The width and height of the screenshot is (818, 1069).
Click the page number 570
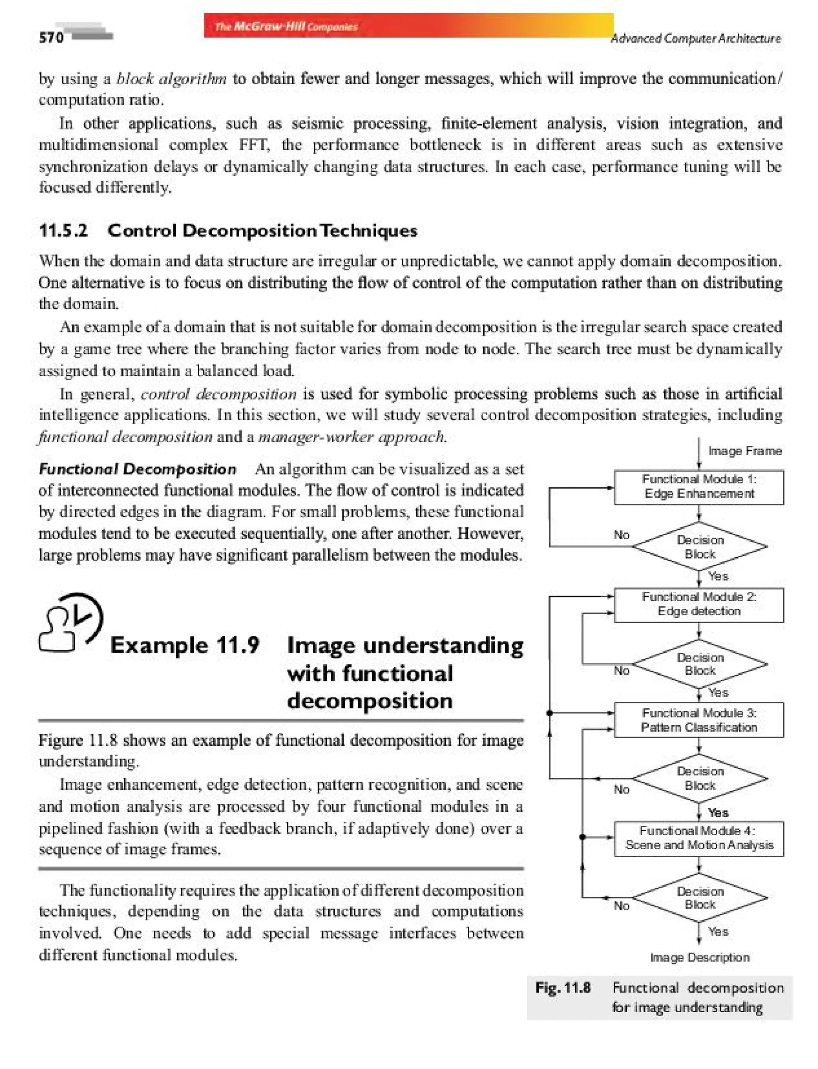51,38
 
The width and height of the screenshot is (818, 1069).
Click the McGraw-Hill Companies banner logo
286,27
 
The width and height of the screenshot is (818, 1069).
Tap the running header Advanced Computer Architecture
696,38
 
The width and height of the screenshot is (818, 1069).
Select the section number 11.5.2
63,230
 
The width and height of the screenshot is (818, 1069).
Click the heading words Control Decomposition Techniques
262,230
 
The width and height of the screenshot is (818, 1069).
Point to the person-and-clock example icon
71,622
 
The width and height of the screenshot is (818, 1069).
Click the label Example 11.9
185,645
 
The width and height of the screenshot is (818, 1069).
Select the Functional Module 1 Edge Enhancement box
699,487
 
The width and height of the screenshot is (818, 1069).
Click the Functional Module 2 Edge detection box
699,604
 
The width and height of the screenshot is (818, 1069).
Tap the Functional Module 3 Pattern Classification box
699,720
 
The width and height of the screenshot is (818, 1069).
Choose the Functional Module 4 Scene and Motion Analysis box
699,838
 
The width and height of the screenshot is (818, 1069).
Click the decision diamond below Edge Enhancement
700,546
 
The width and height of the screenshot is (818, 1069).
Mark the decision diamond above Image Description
700,898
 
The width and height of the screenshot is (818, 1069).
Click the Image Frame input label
745,451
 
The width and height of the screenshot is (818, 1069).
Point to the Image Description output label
700,958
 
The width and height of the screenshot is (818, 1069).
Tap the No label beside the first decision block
621,535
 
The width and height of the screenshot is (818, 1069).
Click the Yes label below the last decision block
718,932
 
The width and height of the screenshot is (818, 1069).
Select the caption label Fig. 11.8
563,988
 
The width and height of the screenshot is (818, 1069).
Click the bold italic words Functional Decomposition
138,469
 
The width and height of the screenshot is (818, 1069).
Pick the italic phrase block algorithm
171,79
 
